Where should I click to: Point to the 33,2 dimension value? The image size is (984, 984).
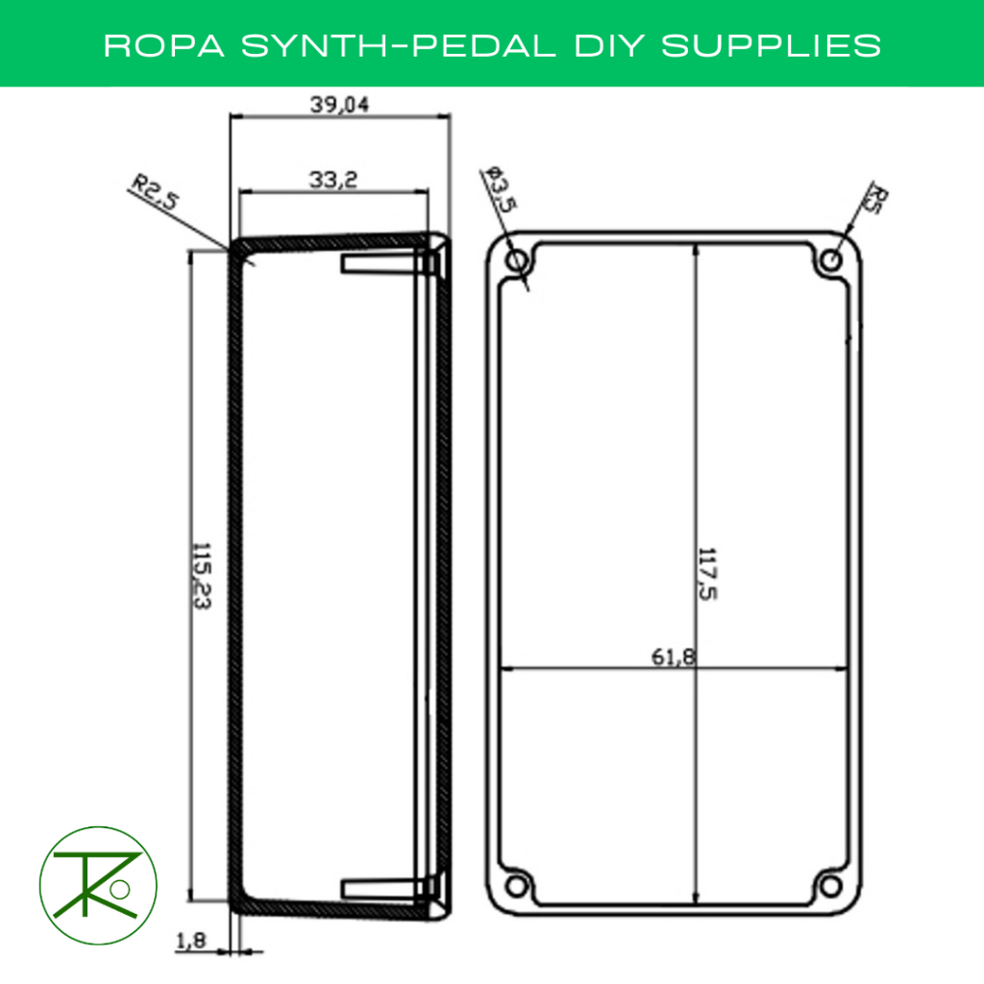(x=333, y=179)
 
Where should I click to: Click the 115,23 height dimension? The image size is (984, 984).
(x=202, y=575)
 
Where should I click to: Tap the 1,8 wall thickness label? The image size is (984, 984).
(x=190, y=945)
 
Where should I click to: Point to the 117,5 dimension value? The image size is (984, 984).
(x=708, y=575)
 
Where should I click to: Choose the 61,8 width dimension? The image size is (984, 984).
(x=674, y=657)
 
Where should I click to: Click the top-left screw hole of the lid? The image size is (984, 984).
(x=517, y=259)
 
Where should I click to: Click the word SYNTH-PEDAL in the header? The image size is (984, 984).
(x=396, y=45)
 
